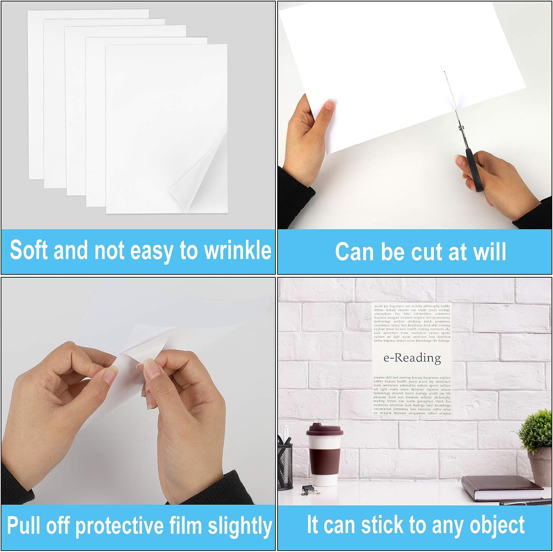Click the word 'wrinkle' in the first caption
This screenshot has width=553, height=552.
point(238,250)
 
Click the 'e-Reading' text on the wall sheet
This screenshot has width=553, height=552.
point(412,358)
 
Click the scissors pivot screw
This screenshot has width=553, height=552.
point(461,127)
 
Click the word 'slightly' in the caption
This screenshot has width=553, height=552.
point(240,526)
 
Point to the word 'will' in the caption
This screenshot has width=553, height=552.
point(490,252)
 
